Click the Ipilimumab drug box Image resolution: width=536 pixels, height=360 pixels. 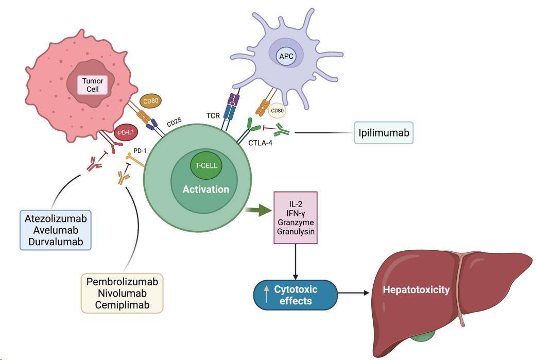tap(384, 133)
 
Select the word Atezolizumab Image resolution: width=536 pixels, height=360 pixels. tap(56, 218)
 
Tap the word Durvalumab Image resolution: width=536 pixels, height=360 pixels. tap(56, 241)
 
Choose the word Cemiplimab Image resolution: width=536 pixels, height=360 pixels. tap(122, 305)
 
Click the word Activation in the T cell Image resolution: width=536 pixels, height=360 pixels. tap(206, 190)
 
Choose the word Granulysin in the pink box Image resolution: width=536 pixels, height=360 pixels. tap(295, 233)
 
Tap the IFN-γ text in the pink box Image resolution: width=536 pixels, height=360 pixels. tap(295, 213)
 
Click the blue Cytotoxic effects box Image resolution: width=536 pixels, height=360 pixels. tap(295, 295)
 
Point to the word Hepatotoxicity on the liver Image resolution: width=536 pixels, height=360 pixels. tap(416, 290)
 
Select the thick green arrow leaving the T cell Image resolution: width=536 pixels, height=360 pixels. tap(262, 210)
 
